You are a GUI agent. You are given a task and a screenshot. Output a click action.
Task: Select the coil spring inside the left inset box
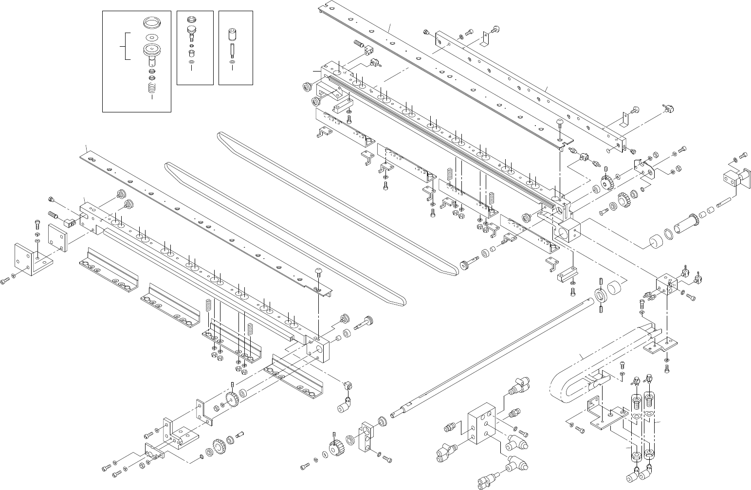pyautogui.click(x=153, y=89)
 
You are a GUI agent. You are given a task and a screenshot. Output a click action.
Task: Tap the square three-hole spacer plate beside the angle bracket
pyautogui.click(x=58, y=237)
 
